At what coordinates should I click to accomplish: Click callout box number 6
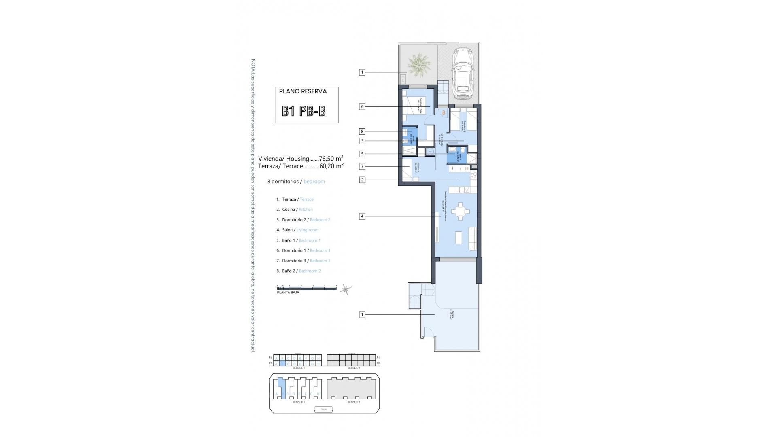(x=362, y=107)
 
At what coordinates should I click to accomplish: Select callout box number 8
(x=362, y=132)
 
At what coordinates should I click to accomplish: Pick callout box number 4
(x=362, y=216)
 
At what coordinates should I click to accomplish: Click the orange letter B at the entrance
(x=444, y=113)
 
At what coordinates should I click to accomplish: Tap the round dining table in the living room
(x=460, y=211)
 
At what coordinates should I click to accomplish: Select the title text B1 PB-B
(x=304, y=111)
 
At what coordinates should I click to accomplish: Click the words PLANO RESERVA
(x=303, y=91)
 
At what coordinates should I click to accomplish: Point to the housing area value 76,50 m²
(x=331, y=159)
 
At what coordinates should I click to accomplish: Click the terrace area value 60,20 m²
(x=331, y=166)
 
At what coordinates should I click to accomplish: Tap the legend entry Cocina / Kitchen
(x=297, y=210)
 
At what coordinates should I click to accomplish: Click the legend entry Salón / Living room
(x=300, y=230)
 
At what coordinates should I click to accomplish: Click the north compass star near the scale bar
(x=346, y=289)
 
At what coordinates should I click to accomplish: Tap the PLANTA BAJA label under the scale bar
(x=288, y=293)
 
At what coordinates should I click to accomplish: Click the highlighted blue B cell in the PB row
(x=282, y=363)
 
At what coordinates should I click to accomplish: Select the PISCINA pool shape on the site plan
(x=324, y=409)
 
